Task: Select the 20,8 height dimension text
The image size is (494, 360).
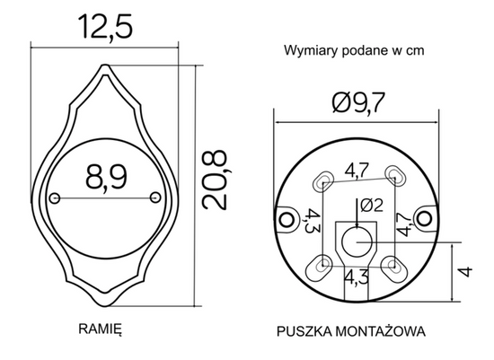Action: [214, 180]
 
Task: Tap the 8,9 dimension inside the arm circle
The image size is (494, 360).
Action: [104, 180]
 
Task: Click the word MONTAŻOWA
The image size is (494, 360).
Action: [381, 330]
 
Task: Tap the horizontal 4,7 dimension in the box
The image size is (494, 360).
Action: [357, 168]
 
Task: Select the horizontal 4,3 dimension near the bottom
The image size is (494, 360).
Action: [357, 277]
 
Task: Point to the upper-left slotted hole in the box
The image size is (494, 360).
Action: [322, 180]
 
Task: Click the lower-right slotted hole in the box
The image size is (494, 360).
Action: [391, 264]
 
